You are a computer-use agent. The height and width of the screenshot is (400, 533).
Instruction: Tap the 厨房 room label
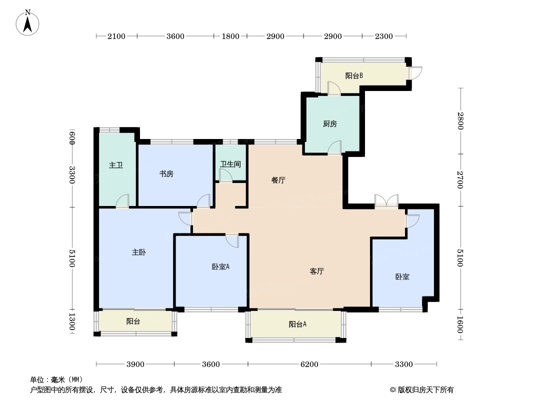(x=329, y=124)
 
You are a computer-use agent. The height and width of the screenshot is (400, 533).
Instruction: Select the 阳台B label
(x=353, y=76)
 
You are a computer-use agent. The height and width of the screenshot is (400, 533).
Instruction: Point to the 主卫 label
(x=115, y=165)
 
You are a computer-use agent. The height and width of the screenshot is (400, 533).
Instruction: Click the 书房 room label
(x=166, y=174)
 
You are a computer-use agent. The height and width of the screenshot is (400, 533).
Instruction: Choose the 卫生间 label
(x=230, y=164)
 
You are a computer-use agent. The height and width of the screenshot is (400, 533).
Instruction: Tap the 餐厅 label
(x=278, y=180)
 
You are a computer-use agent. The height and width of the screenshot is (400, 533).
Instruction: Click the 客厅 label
(x=317, y=271)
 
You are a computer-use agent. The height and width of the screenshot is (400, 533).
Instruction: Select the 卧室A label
(x=220, y=266)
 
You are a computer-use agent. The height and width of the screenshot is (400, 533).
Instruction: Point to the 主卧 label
(x=138, y=253)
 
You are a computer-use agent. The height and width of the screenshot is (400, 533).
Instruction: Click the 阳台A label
(x=297, y=324)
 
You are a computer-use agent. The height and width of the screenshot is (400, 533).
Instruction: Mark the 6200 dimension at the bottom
(x=309, y=364)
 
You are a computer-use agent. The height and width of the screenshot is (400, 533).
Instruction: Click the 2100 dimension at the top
(x=116, y=36)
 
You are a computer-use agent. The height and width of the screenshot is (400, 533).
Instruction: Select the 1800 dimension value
(x=230, y=36)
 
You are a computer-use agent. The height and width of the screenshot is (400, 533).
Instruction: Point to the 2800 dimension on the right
(x=460, y=121)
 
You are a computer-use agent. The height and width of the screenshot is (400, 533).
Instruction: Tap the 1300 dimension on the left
(x=72, y=321)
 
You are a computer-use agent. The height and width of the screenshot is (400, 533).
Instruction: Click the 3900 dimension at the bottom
(x=135, y=364)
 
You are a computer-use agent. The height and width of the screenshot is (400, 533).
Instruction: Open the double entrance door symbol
(x=386, y=201)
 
